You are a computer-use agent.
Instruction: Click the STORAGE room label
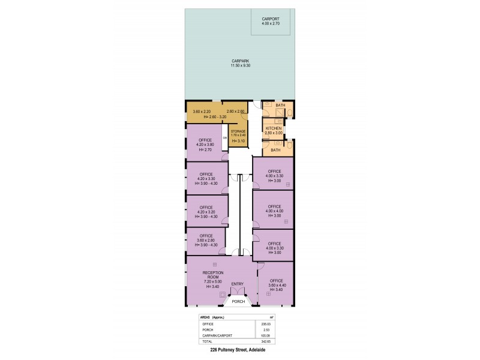point(239,132)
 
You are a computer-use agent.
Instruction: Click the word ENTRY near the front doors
point(237,284)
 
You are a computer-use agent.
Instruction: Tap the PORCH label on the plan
point(239,302)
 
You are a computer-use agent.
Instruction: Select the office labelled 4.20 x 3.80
point(205,143)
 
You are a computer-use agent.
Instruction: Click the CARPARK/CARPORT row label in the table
point(214,335)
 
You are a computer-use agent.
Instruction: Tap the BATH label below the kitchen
point(275,150)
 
